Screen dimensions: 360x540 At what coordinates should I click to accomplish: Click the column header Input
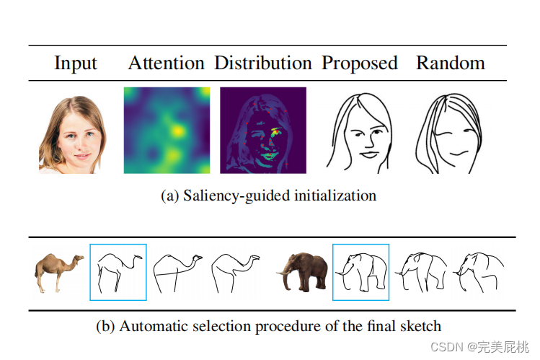[x=76, y=63]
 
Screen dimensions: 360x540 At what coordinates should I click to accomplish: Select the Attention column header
[x=167, y=63]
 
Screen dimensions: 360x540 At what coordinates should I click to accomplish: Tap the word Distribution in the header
[x=262, y=63]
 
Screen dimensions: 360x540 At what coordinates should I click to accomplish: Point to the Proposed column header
[x=359, y=63]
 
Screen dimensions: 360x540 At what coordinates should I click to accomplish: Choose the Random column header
[x=450, y=63]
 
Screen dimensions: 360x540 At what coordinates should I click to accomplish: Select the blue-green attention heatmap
[x=167, y=130]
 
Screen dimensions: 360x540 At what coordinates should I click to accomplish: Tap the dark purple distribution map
[x=262, y=130]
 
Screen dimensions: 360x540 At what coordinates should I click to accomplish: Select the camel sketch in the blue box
[x=118, y=272]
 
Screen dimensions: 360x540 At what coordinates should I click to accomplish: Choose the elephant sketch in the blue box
[x=360, y=272]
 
